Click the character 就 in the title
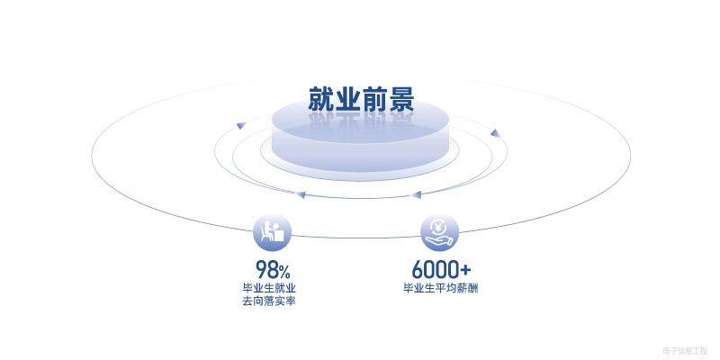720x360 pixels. (x=321, y=99)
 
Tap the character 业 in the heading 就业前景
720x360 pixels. (x=347, y=99)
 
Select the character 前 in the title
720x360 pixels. (x=374, y=99)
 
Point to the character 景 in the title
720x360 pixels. (x=401, y=99)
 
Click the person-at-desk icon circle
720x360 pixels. (x=273, y=233)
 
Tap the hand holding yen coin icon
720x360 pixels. (x=439, y=233)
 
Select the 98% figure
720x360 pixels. (x=273, y=270)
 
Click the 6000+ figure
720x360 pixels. (x=441, y=270)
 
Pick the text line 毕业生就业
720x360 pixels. (x=269, y=289)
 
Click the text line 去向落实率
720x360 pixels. (x=269, y=301)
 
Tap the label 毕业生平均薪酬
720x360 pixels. (x=441, y=289)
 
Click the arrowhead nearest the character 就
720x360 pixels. (x=240, y=125)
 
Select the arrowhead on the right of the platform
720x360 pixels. (x=494, y=133)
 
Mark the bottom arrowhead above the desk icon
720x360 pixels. (x=301, y=194)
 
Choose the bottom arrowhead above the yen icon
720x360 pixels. (x=416, y=194)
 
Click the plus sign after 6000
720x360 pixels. (x=465, y=271)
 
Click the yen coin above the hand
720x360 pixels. (x=439, y=227)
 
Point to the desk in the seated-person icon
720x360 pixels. (x=279, y=235)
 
